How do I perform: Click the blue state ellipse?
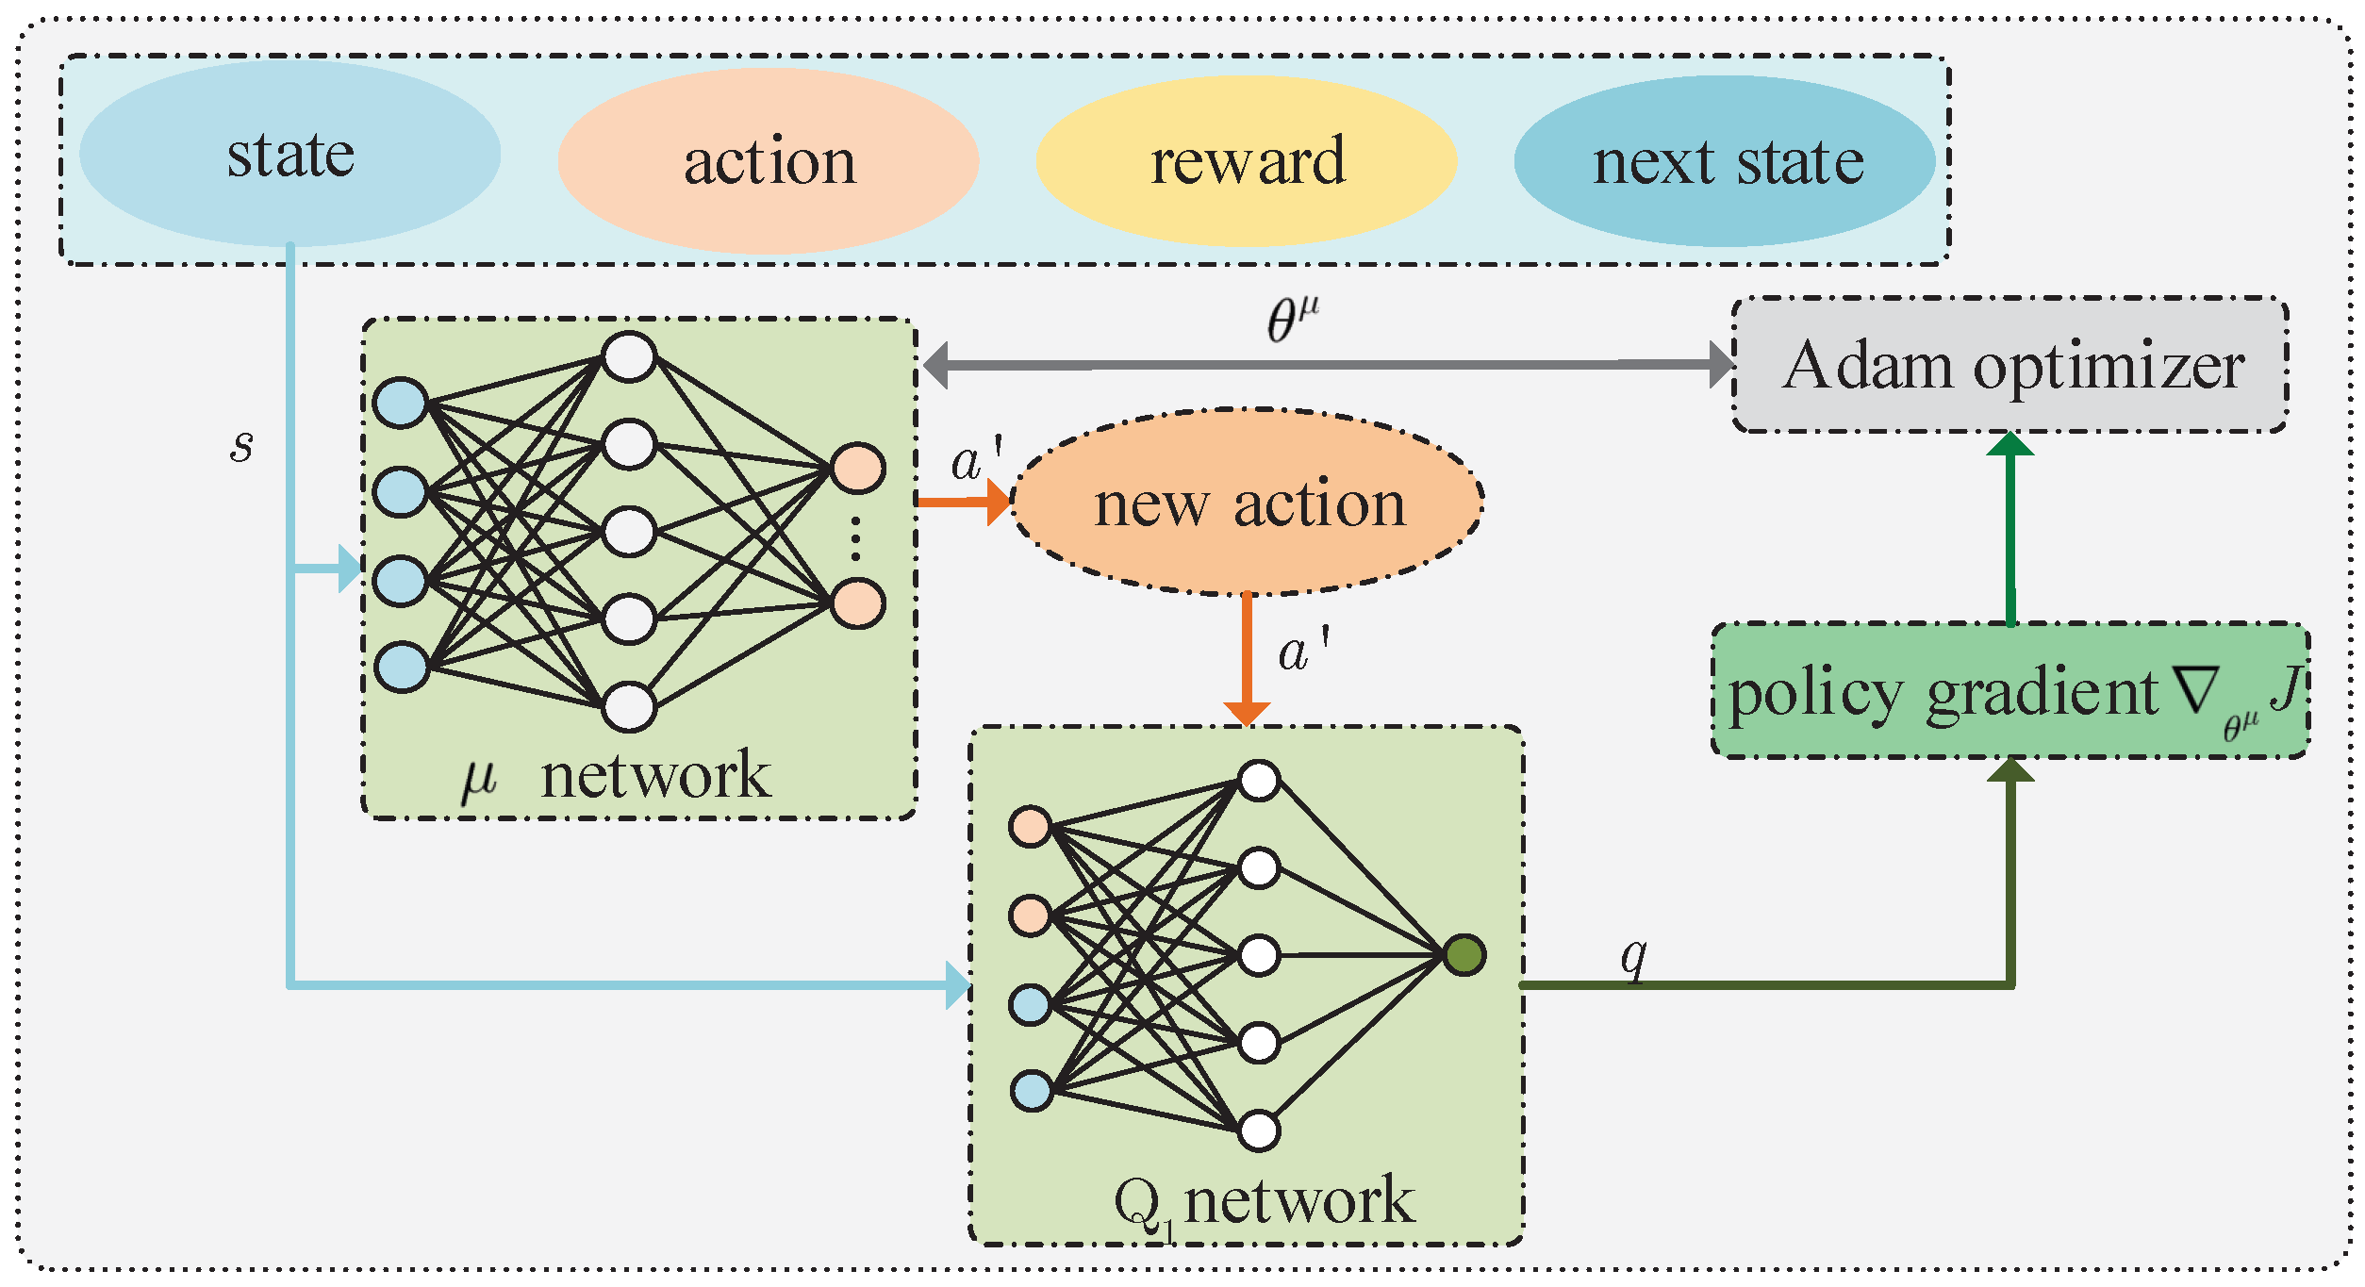click(289, 154)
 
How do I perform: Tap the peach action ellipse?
click(769, 161)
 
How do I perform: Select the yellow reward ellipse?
click(1247, 161)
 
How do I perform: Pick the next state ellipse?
click(1726, 161)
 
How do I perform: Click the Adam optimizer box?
click(2010, 365)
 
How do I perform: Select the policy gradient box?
click(2010, 691)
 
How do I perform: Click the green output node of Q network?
click(1464, 955)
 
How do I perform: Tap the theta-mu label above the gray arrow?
click(1292, 319)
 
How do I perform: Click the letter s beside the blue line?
click(241, 444)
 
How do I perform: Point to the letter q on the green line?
click(1633, 959)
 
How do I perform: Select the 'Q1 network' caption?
click(1264, 1202)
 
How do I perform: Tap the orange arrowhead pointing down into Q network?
click(1247, 713)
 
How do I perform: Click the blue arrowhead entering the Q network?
click(958, 985)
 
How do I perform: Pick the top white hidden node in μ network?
click(629, 356)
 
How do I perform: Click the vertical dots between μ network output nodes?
click(855, 537)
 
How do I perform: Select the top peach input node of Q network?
click(1030, 827)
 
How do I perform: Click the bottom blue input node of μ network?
click(402, 667)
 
